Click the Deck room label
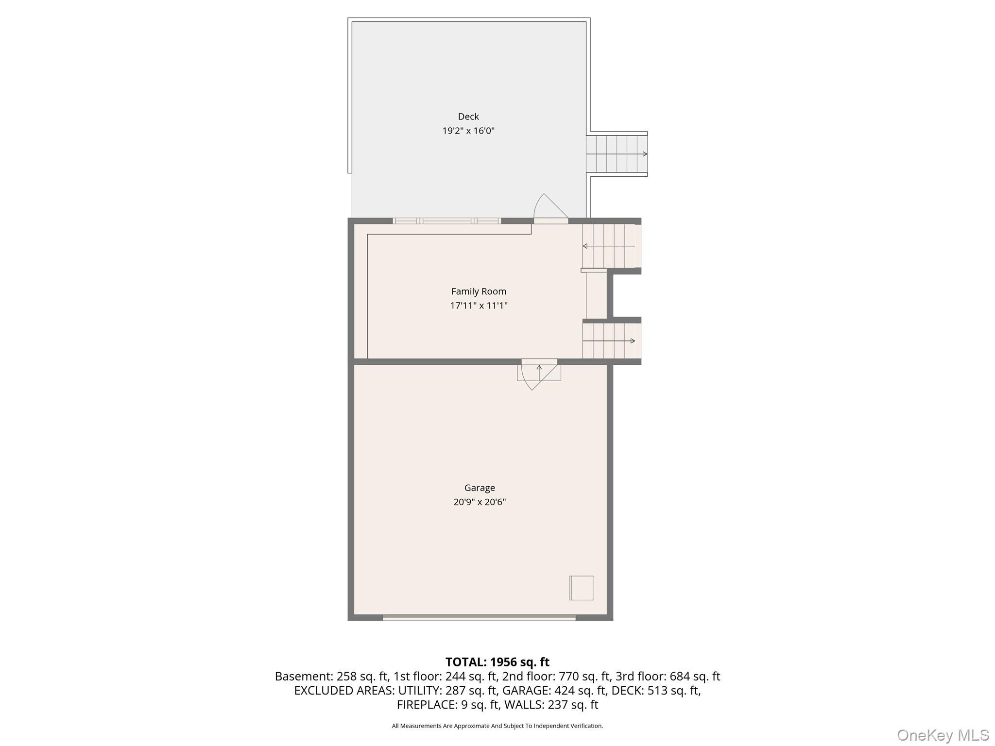coord(468,117)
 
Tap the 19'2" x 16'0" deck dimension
coord(468,131)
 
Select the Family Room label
coord(479,291)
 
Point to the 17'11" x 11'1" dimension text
coord(479,305)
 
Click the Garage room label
coord(480,488)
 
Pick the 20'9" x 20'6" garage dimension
coord(480,502)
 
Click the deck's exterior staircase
coord(616,154)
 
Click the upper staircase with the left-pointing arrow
coord(609,246)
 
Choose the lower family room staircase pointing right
coord(609,341)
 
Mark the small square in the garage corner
coord(582,588)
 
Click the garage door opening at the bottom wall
coord(479,618)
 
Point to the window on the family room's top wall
coord(446,221)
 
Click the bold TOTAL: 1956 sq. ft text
coord(497,662)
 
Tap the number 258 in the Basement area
coord(346,676)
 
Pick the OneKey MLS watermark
coord(943,735)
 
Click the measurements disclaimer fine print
coord(497,726)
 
